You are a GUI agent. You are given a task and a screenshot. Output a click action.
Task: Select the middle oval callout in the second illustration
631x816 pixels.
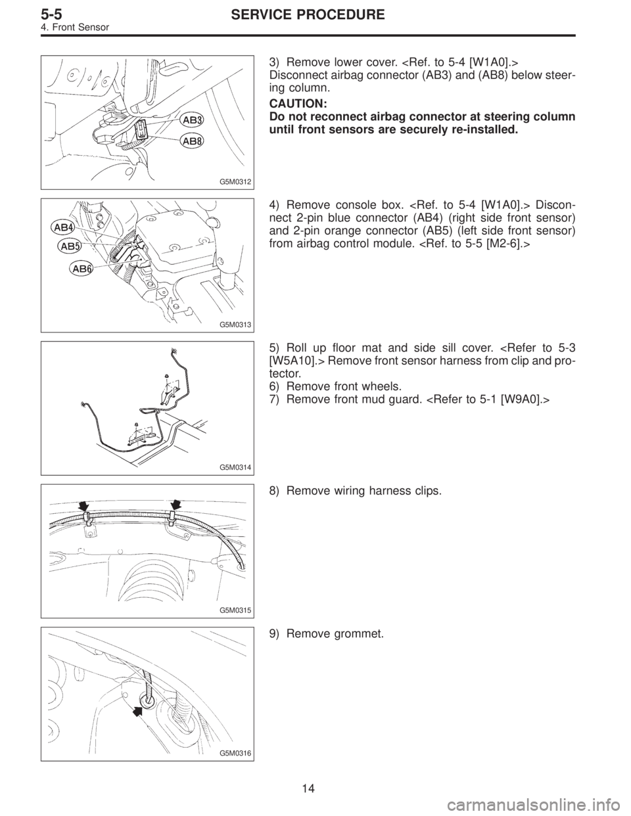[69, 246]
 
